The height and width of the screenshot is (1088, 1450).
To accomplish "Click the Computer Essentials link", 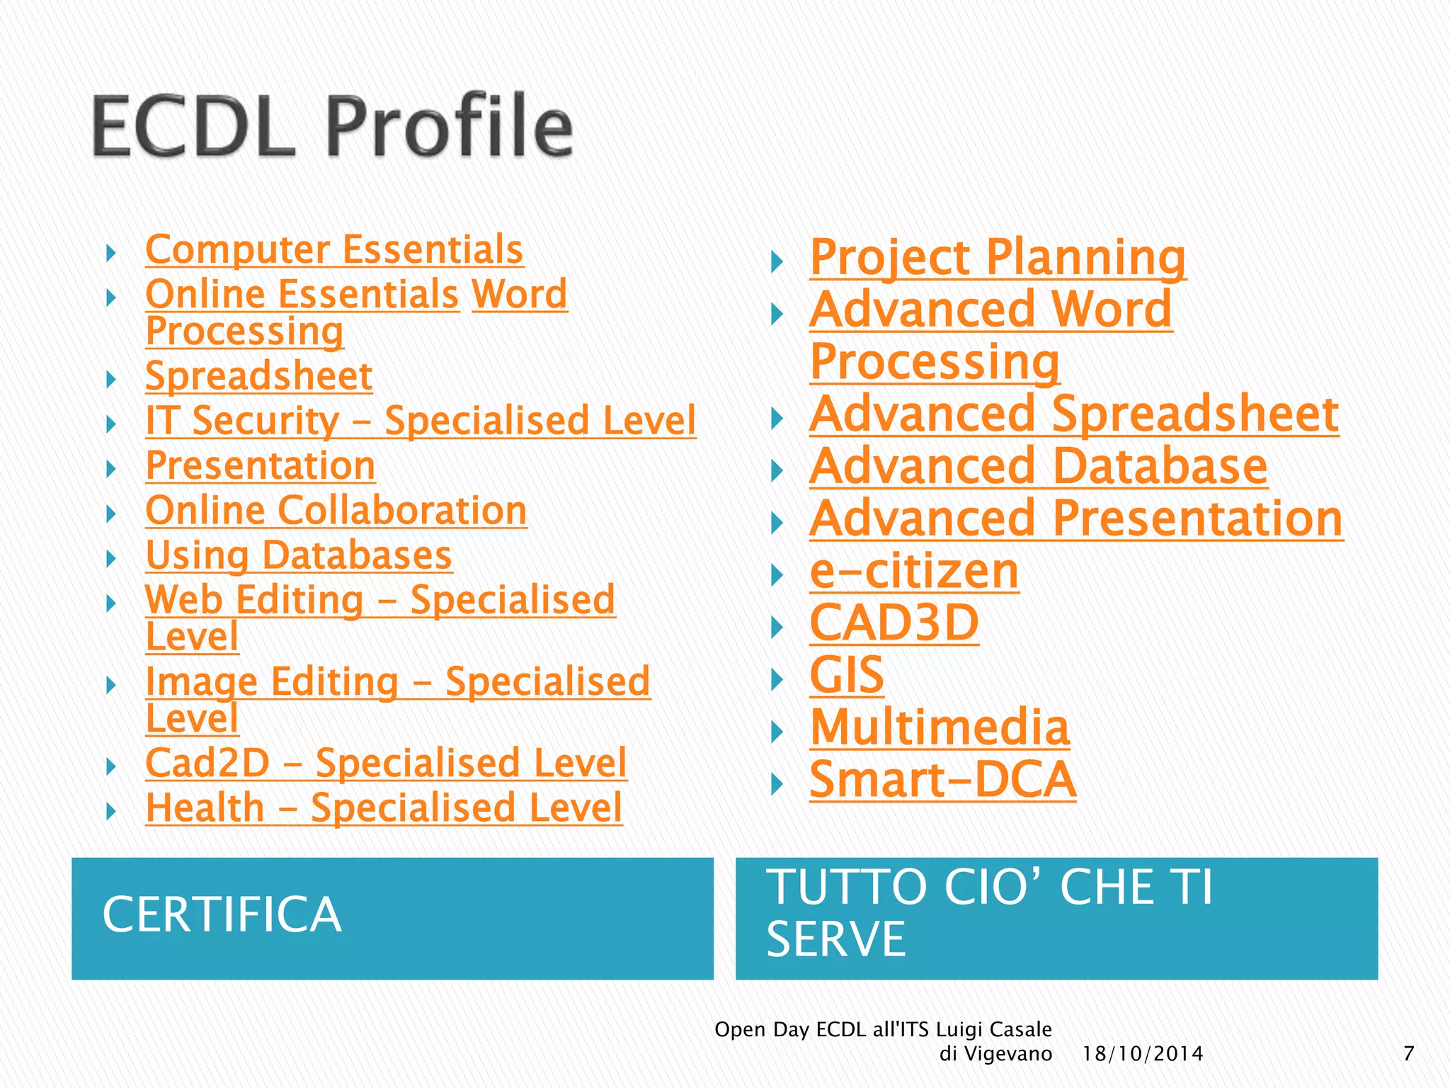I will coord(334,250).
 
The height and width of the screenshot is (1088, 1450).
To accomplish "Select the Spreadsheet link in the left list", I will coord(258,376).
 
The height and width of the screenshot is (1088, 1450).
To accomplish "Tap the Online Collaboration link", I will coord(336,511).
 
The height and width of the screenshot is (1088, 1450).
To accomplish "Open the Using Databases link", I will coord(298,555).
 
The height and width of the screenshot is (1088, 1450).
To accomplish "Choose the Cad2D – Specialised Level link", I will coord(386,764).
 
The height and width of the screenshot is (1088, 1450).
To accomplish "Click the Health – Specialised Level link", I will coord(384,808).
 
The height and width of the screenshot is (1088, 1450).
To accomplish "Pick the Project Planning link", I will coord(998,258).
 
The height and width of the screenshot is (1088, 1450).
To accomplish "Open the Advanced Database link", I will coord(1038,467).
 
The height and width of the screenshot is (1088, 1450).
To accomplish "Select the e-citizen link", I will coord(914,572).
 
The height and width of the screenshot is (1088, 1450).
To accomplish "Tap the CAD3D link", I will coord(894,623).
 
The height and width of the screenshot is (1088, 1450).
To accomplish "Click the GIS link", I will coord(847,676).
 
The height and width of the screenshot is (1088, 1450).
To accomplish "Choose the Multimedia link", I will coord(940,728).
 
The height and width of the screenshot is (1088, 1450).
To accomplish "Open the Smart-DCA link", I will coord(942,781).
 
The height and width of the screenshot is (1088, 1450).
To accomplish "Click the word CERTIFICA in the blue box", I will coord(222,914).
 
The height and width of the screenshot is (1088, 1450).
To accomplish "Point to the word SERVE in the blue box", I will coord(836,940).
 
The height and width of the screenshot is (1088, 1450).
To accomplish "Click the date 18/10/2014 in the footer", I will coord(1143,1054).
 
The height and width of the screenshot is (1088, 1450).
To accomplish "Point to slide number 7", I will coord(1408,1054).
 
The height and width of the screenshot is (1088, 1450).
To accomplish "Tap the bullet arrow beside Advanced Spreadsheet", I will coord(777,419).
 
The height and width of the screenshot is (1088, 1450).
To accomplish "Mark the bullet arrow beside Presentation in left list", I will coord(111,468).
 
